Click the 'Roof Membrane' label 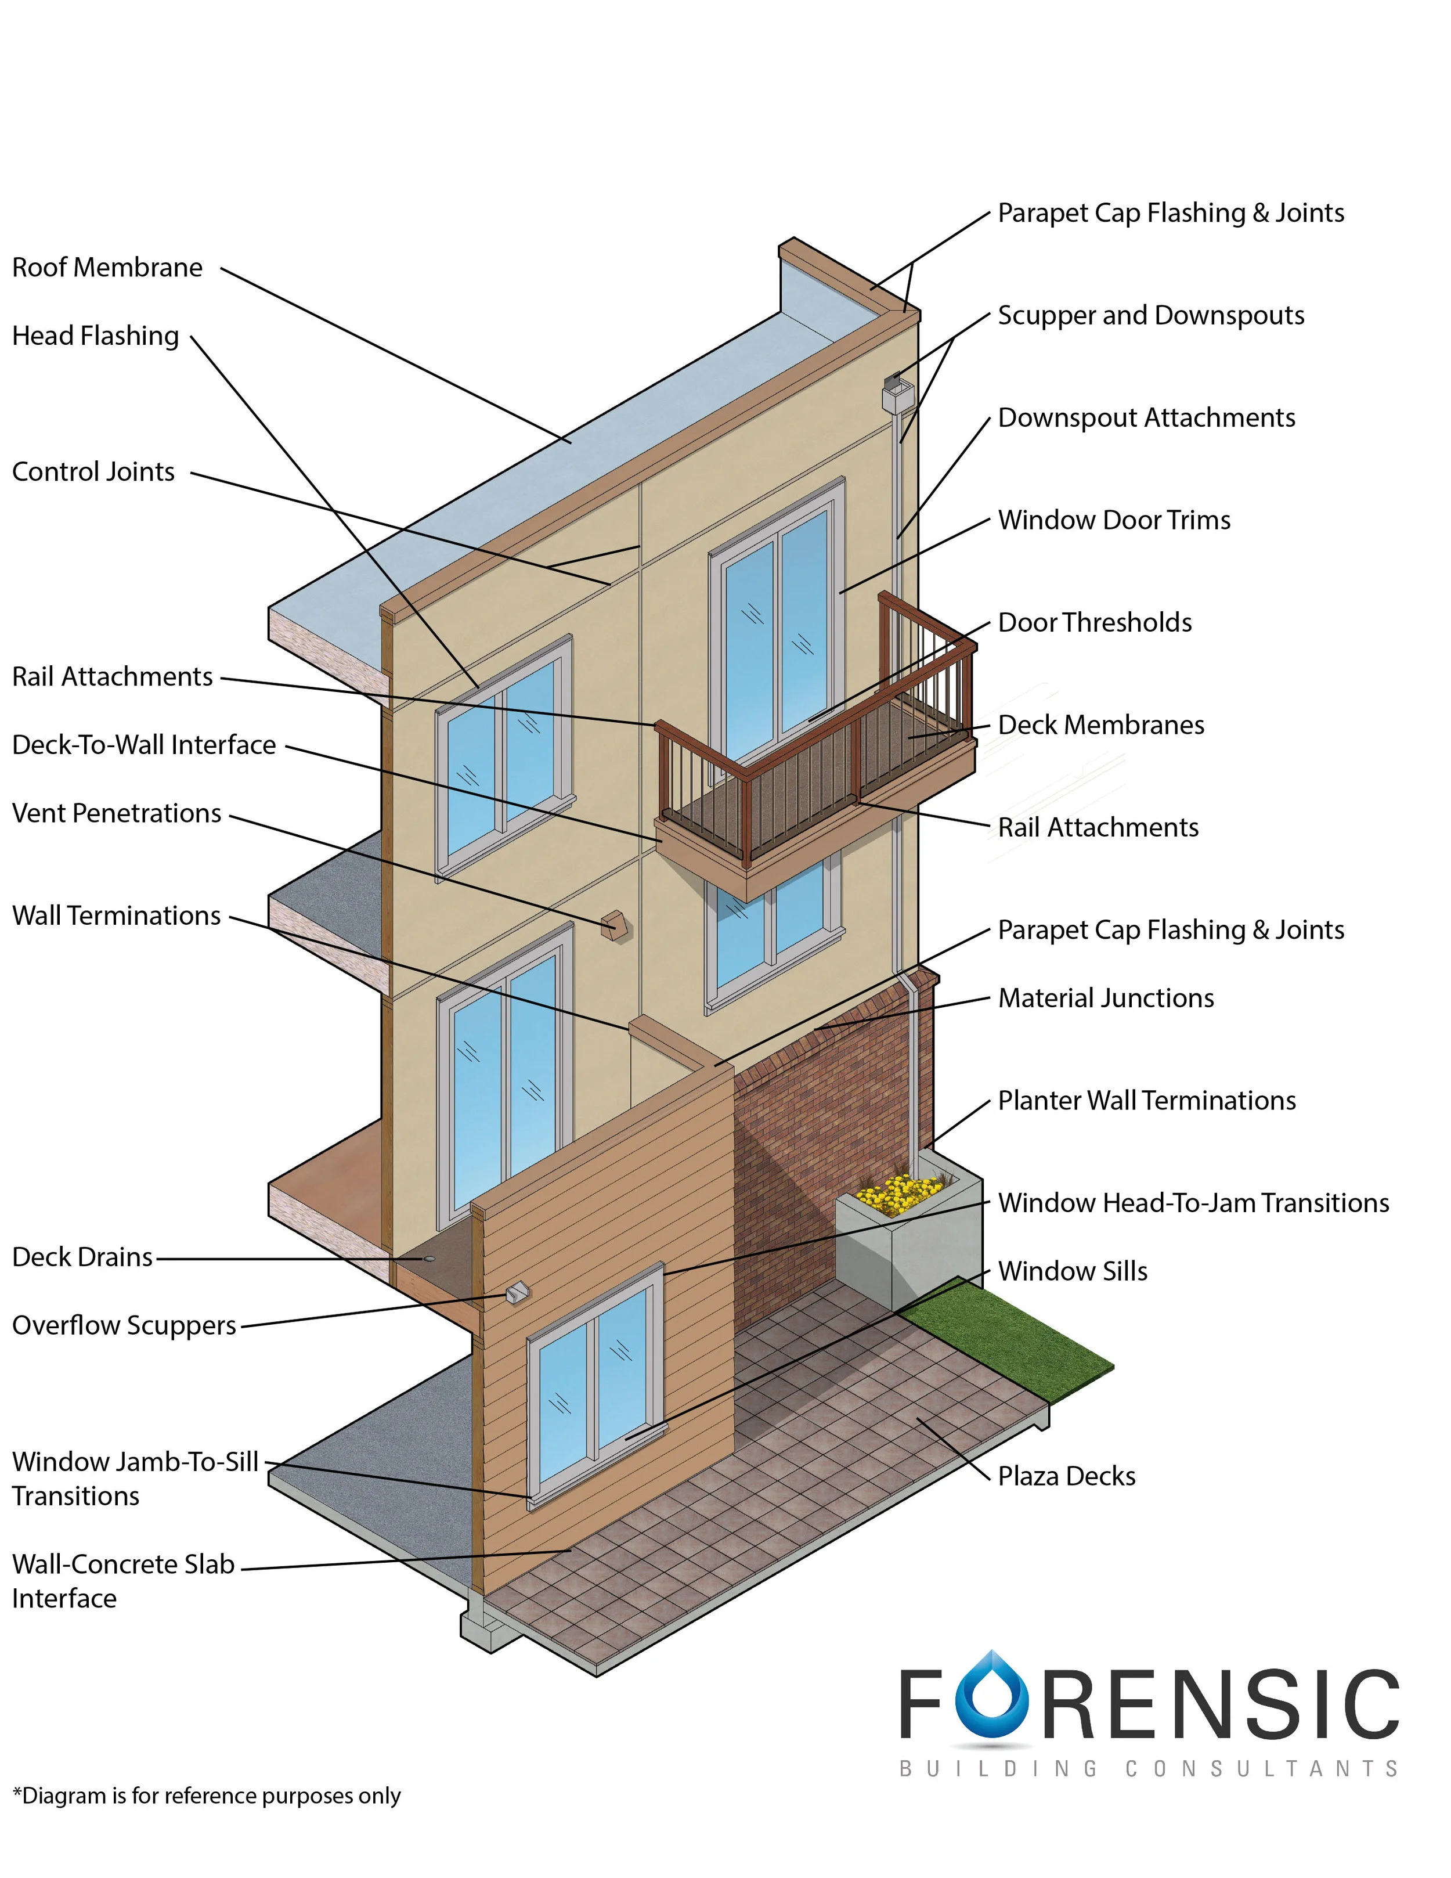point(107,268)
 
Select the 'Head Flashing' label point(95,336)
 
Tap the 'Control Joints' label point(93,471)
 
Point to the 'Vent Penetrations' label point(116,813)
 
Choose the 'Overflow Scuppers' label point(124,1325)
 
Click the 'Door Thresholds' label point(1094,622)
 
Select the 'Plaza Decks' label point(1066,1476)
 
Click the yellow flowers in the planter point(898,1194)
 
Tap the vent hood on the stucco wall point(615,926)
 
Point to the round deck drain point(428,1259)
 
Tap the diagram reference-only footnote point(206,1796)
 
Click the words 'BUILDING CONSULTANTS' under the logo point(1149,1769)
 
